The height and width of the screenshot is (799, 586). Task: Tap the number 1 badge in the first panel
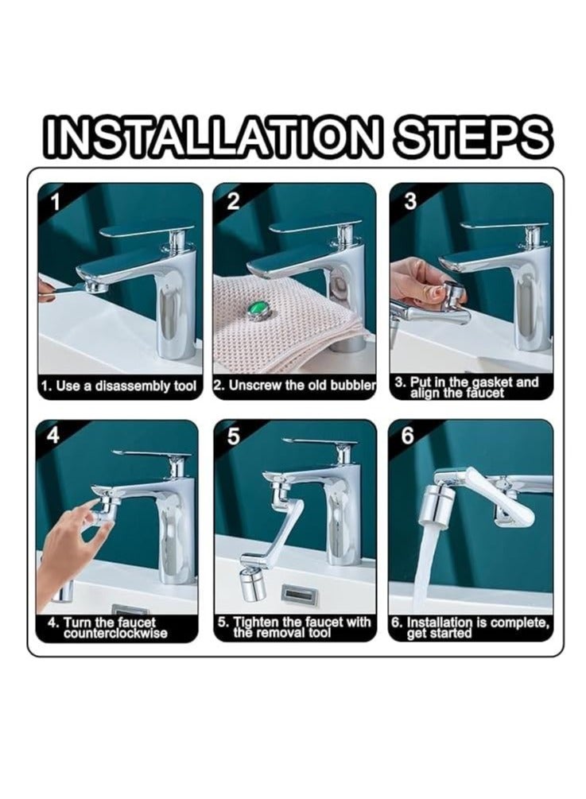[x=55, y=203]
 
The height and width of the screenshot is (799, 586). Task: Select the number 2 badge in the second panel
[x=232, y=202]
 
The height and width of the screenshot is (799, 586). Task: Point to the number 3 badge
[x=410, y=202]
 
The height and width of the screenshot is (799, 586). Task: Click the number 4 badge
[x=53, y=436]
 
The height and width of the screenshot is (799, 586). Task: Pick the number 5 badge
[x=233, y=437]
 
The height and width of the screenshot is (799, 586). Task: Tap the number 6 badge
[x=408, y=437]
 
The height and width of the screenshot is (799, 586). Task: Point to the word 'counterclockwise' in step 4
[x=115, y=634]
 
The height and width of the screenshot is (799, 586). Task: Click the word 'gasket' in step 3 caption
[x=490, y=382]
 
